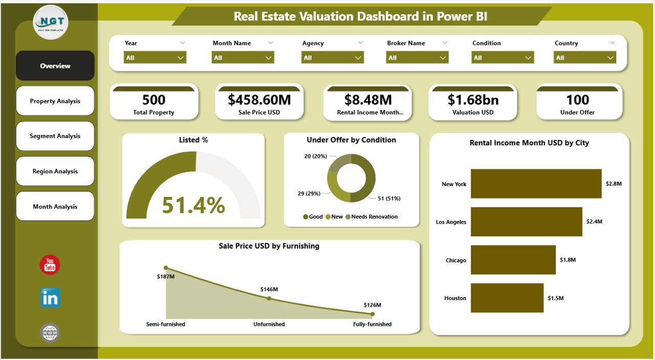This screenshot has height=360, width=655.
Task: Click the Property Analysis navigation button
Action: point(55,101)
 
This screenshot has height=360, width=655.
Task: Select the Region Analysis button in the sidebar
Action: point(55,171)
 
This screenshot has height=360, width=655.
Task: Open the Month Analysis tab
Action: point(55,207)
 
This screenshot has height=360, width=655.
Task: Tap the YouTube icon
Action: point(50,265)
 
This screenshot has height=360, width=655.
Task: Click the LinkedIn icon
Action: point(50,298)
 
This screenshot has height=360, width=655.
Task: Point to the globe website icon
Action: point(50,333)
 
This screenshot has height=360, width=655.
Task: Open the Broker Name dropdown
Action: point(418,58)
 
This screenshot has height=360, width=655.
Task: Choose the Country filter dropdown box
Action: point(585,58)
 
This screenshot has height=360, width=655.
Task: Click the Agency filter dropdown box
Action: point(333,58)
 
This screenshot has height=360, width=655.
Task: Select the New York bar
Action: point(536,184)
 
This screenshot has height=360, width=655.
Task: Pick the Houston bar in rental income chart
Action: point(507,298)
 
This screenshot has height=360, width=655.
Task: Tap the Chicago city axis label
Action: point(456,260)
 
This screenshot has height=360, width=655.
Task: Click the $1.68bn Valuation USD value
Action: point(473,100)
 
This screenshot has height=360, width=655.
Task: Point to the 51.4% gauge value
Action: point(193,205)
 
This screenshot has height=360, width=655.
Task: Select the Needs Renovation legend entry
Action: point(374,217)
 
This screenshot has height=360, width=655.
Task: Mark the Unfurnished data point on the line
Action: point(269,298)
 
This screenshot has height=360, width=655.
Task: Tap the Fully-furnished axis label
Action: point(372,324)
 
